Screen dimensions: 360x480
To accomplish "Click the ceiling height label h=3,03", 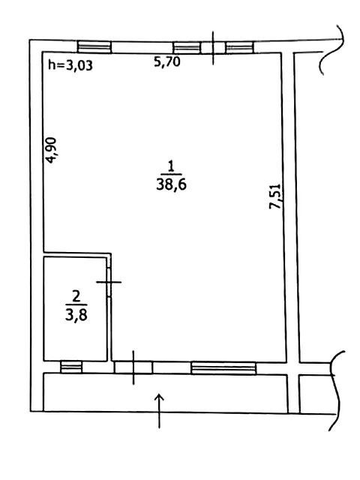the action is coord(70,65).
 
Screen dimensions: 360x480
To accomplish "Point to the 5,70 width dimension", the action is coord(166,62).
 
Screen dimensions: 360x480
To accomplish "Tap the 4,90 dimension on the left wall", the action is coord(51,150).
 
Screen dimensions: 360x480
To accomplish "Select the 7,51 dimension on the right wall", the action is coord(274,196).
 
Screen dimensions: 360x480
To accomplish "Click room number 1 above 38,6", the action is coord(171,166).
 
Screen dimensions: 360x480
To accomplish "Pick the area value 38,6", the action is coord(172,185).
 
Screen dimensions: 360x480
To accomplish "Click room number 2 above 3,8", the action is coord(76,296).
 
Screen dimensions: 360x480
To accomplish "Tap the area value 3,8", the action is coord(76,315).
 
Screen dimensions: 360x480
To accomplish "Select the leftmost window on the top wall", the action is coord(94,47).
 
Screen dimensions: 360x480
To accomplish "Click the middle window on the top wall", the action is coord(187,48).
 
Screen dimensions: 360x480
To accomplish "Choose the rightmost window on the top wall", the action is coord(240,47).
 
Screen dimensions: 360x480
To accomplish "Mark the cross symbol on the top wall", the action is coord(213,48).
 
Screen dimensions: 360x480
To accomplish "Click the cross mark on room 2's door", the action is coord(109,282).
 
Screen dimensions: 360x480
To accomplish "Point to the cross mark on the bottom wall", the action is coord(133,367).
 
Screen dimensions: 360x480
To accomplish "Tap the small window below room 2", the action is coord(71,367).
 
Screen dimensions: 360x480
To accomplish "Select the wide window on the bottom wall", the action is coord(223,368).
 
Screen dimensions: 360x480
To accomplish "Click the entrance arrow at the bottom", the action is coord(160,411).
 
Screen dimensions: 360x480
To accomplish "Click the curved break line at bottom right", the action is coord(336,391).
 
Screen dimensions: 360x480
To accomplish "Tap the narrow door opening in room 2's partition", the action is coord(109,282).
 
